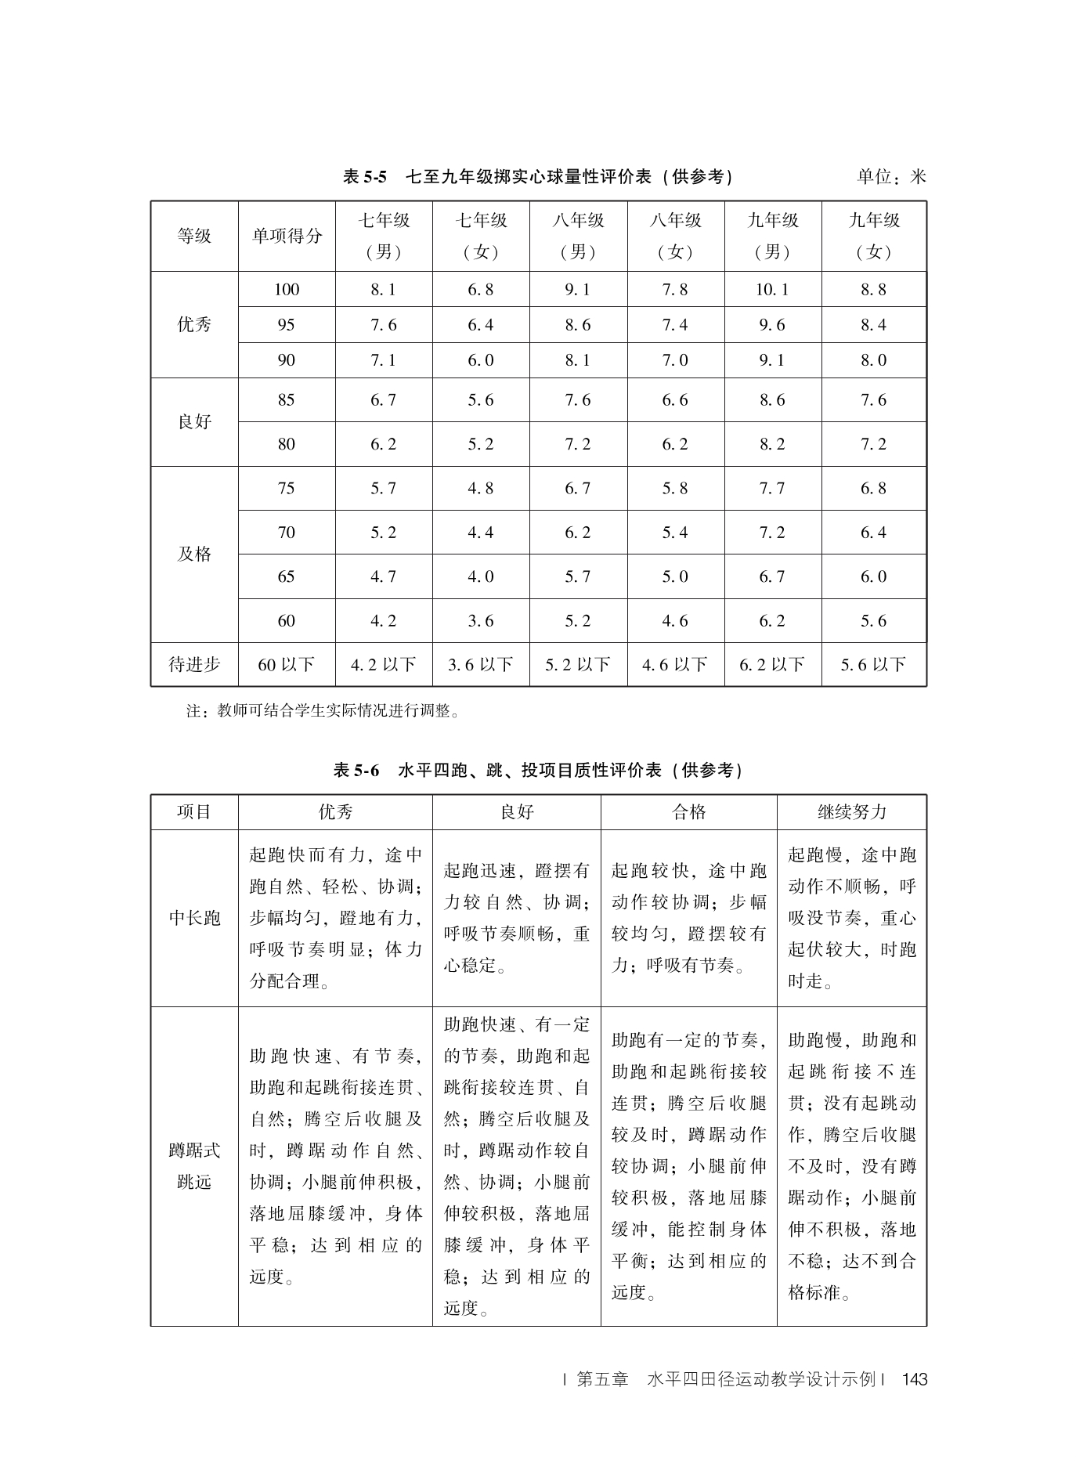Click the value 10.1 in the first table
point(772,290)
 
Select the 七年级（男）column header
point(384,236)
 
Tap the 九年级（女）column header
point(874,236)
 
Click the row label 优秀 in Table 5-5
point(194,325)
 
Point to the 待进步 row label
point(194,665)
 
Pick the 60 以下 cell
point(287,665)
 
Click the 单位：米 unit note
point(891,177)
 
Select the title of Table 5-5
point(538,177)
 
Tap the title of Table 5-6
point(538,771)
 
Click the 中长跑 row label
point(194,918)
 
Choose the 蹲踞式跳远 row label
point(194,1166)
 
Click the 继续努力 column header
point(851,812)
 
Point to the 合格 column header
point(689,812)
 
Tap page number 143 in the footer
point(914,1380)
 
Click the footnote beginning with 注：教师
point(323,711)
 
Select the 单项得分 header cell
point(287,236)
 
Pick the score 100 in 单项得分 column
point(287,290)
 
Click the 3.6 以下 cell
point(481,665)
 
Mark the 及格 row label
point(194,554)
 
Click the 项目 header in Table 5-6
point(194,812)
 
